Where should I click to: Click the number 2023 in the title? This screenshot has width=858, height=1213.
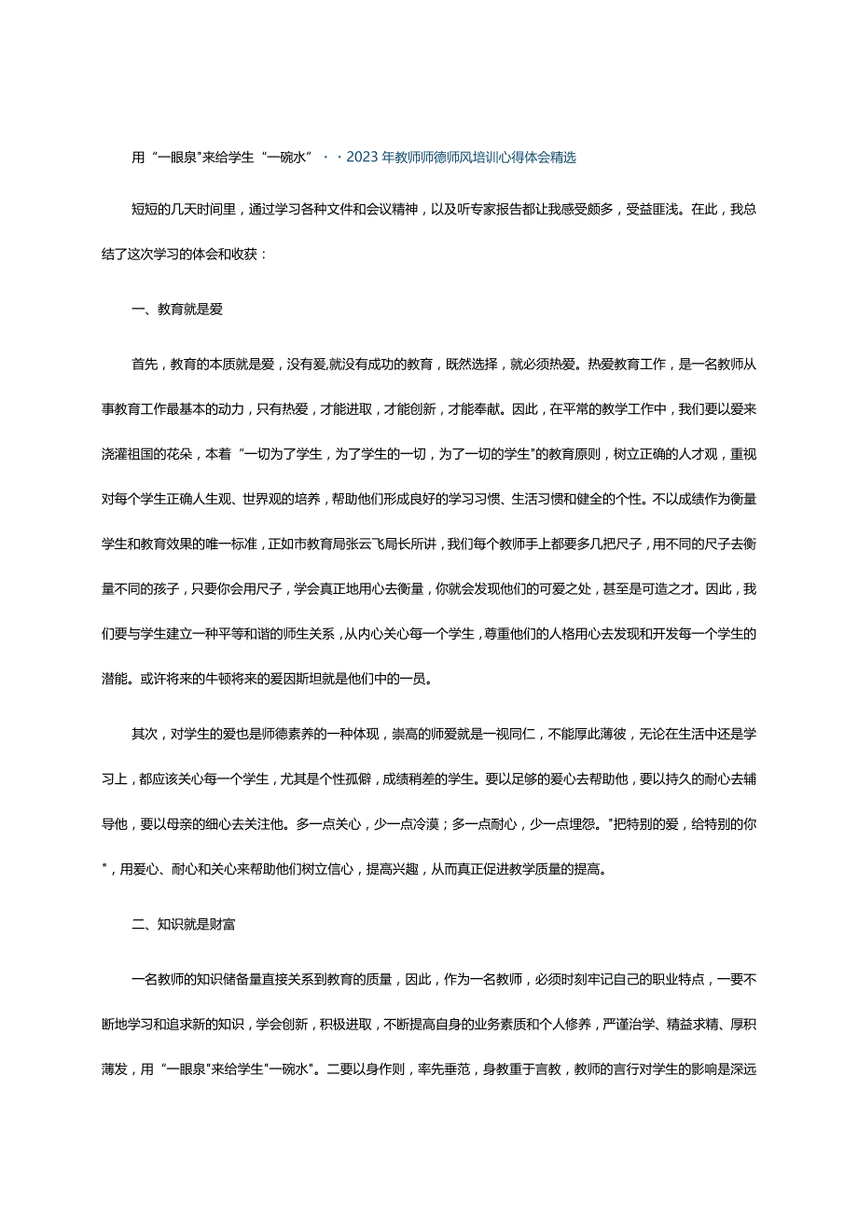(x=363, y=158)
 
